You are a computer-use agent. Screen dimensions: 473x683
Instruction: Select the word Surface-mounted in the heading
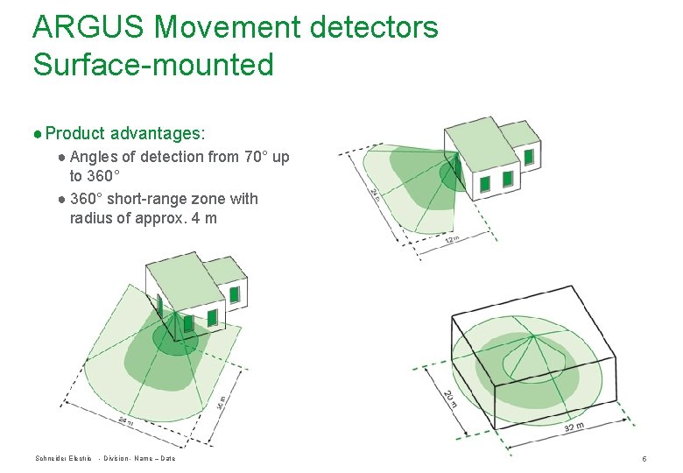click(x=153, y=64)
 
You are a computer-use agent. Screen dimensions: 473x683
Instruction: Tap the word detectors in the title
click(x=374, y=27)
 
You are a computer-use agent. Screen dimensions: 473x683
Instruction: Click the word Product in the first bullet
click(x=74, y=133)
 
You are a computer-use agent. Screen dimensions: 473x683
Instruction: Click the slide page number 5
click(x=644, y=459)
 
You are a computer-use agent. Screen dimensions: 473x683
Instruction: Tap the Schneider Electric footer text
click(x=63, y=459)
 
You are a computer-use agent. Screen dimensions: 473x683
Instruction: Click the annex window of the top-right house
click(x=528, y=157)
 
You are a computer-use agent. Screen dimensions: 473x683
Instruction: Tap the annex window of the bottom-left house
click(x=234, y=294)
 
